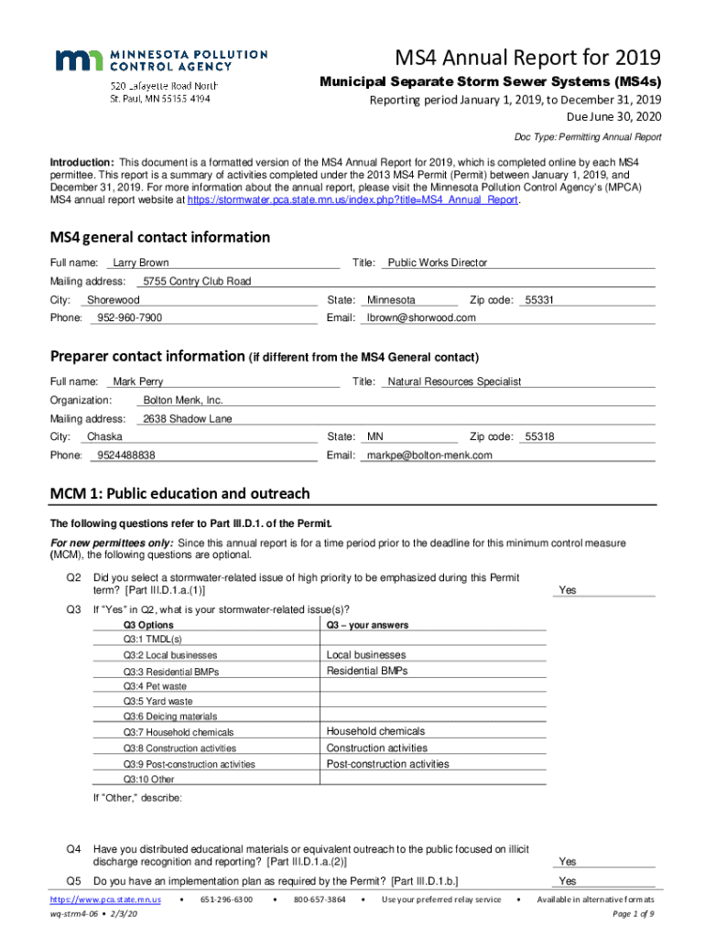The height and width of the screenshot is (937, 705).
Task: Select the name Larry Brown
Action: (140, 263)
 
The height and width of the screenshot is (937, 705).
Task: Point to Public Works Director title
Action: (437, 263)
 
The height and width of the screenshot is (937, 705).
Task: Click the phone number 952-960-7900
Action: (129, 318)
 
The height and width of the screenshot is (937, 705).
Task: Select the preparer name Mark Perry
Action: (137, 382)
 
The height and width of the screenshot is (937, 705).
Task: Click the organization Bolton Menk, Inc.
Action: (183, 401)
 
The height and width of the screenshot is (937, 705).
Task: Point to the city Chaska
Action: (104, 437)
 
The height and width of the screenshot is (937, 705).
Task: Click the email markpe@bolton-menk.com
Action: (428, 456)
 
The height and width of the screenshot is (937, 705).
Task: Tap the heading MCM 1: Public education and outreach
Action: (179, 494)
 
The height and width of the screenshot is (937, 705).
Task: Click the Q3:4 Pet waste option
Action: (156, 686)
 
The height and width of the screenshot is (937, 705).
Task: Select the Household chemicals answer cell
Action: (375, 732)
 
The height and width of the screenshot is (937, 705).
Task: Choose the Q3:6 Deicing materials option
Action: (170, 716)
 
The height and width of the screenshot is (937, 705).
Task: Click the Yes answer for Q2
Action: (568, 590)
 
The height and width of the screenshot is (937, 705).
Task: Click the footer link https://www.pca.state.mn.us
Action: (105, 900)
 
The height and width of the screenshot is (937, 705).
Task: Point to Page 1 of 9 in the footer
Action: (632, 914)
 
